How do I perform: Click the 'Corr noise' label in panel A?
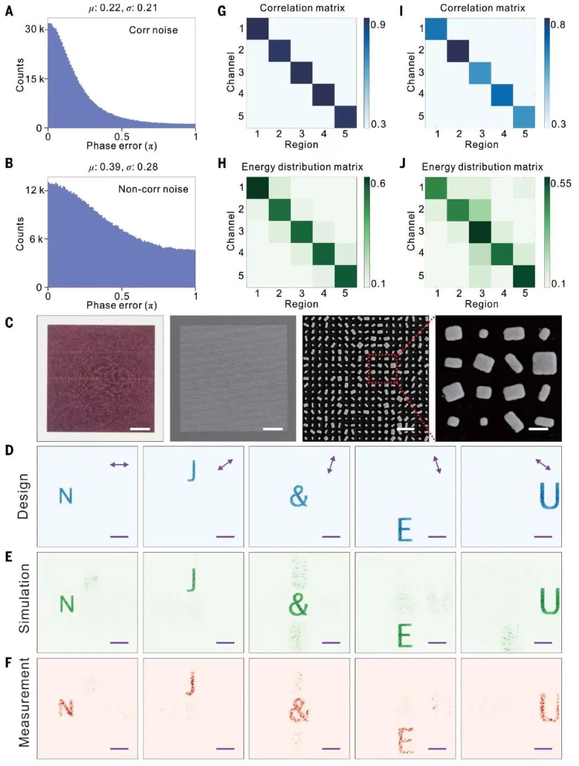[x=153, y=30]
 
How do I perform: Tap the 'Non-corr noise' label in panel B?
[x=153, y=189]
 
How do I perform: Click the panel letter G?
[x=222, y=10]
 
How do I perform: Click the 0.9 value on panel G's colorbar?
[x=378, y=25]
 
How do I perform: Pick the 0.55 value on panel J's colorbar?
[x=561, y=183]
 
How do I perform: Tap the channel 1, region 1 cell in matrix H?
[x=257, y=188]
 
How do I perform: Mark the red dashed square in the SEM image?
[x=382, y=368]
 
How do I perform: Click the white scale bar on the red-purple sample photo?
[x=140, y=429]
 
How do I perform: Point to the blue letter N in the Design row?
[x=65, y=496]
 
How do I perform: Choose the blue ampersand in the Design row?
[x=299, y=496]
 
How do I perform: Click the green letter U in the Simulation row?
[x=550, y=601]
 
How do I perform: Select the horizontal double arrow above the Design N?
[x=119, y=465]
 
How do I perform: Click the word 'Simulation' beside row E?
[x=24, y=598]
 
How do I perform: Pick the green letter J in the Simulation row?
[x=191, y=579]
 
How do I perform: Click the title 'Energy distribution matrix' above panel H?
[x=302, y=167]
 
